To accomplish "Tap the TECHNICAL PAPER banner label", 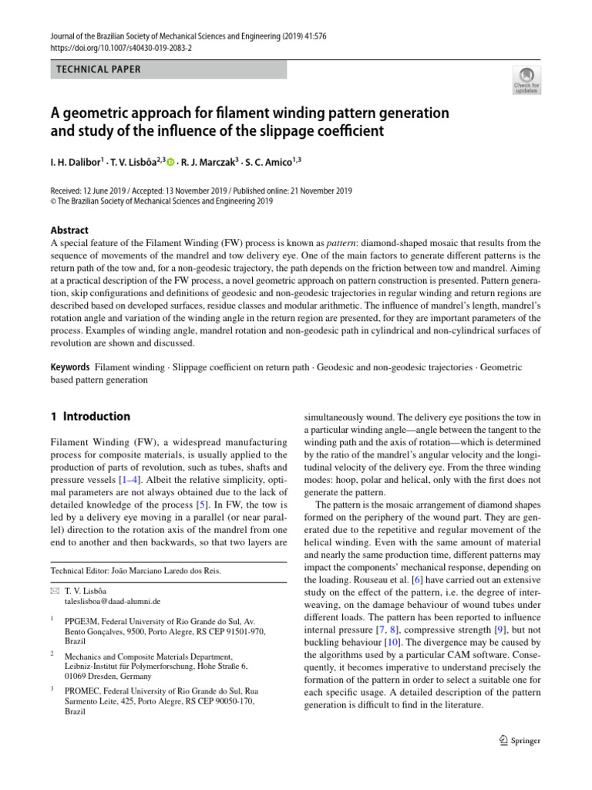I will click(99, 69).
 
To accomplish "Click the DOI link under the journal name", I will click(121, 47).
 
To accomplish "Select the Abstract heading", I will click(69, 230).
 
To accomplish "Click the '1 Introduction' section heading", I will click(90, 417).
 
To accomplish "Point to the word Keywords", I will click(70, 367).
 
